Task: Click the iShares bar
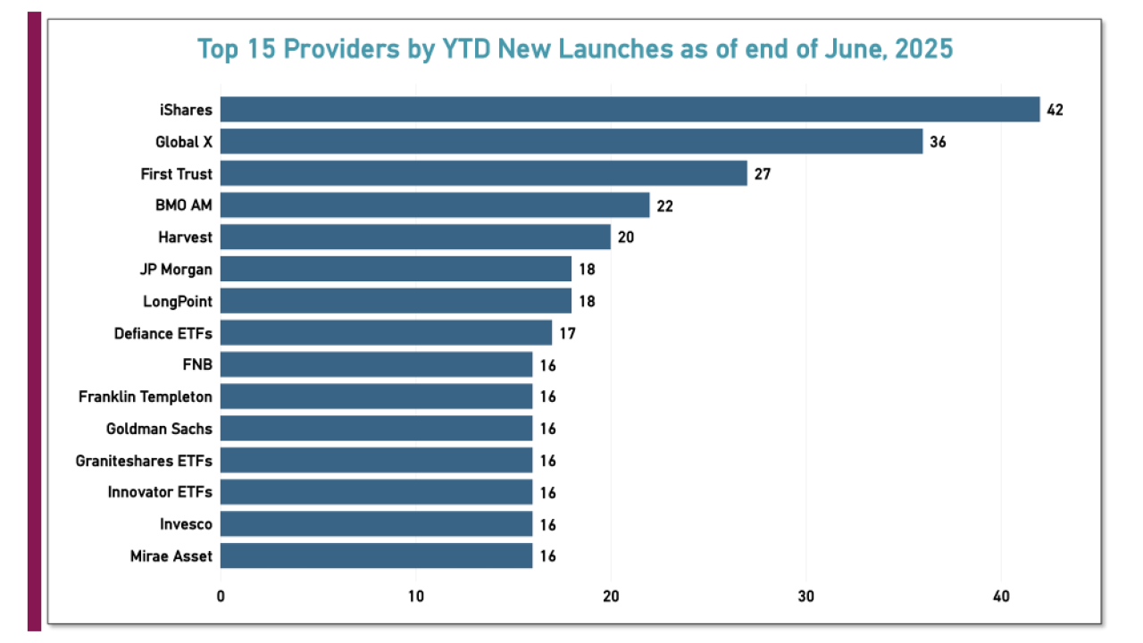coord(630,110)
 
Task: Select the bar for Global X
coord(571,142)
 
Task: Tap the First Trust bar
coord(483,173)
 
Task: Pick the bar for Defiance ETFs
coord(386,333)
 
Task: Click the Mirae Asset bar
coord(376,555)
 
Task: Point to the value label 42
coord(1055,110)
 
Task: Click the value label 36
coord(938,142)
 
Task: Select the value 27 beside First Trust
coord(762,173)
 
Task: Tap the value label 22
coord(664,205)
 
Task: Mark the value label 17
coord(567,333)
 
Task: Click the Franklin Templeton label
coord(146,397)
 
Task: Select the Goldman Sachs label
coord(159,429)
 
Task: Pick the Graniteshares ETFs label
coord(145,461)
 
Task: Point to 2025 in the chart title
coord(922,48)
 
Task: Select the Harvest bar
coord(415,237)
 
